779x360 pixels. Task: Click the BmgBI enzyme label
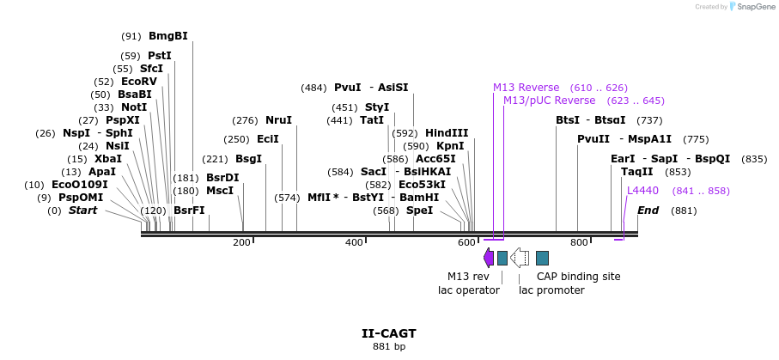click(167, 36)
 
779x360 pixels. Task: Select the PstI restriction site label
click(159, 56)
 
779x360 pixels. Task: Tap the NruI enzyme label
click(278, 120)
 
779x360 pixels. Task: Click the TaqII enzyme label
click(637, 172)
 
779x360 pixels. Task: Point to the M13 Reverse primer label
click(526, 88)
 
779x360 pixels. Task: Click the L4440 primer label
click(642, 191)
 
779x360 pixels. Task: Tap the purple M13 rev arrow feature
click(489, 257)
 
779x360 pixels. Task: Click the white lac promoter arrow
click(520, 257)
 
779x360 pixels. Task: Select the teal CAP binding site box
click(542, 258)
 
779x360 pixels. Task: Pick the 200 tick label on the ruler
click(241, 242)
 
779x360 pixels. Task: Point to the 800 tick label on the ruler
click(578, 242)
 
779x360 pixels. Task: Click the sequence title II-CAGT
click(389, 333)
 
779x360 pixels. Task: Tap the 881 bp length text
click(389, 346)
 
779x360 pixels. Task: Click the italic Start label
click(82, 211)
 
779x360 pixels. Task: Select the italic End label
click(648, 211)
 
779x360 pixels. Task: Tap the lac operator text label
click(469, 290)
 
